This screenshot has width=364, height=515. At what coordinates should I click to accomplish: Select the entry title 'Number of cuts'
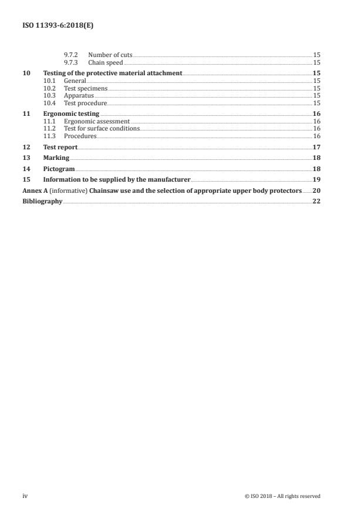point(110,55)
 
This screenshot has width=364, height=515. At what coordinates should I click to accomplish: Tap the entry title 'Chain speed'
point(105,62)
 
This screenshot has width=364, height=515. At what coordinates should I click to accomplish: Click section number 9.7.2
point(71,55)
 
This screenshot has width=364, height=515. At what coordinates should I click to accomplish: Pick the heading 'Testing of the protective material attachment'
point(113,73)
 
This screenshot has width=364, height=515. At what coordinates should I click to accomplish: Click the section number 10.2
point(50,88)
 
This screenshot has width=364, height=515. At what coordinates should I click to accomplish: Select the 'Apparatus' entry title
point(79,95)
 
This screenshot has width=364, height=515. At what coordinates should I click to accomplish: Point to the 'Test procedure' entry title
point(85,103)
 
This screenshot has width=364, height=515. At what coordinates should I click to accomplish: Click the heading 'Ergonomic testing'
point(71,113)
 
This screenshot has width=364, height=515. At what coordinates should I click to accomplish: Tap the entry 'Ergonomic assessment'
point(96,121)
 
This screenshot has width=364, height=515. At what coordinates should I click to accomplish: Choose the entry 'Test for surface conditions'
point(102,128)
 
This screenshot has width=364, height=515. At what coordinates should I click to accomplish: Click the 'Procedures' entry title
point(80,136)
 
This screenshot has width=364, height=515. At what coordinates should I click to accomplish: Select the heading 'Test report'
point(60,147)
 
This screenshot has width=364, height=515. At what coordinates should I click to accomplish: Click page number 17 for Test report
point(316,147)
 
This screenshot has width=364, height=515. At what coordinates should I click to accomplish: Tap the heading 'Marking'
point(56,158)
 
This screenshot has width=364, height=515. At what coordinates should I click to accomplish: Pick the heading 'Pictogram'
point(59,169)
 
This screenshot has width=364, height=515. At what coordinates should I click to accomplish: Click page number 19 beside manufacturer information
point(316,179)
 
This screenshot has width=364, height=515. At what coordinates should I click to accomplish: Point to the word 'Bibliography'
point(42,201)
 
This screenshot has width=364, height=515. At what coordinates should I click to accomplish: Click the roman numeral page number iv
point(25,496)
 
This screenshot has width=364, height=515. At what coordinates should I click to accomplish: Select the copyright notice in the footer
point(282,496)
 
